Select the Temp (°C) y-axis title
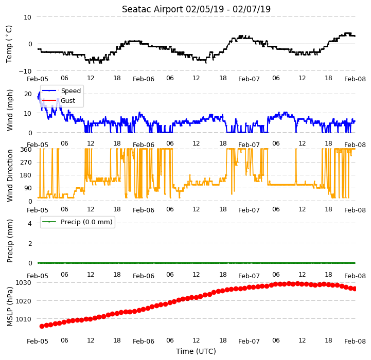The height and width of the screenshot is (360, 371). pos(9,44)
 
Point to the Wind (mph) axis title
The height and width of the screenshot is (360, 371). pos(10,110)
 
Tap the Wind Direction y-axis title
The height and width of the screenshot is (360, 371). pos(10,175)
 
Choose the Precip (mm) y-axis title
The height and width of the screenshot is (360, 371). pos(10,241)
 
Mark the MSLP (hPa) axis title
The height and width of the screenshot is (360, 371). pos(10,307)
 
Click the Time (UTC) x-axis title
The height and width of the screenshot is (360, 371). pos(196,351)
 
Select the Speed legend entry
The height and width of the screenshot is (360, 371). pos(70,91)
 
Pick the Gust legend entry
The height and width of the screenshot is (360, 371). pos(68,100)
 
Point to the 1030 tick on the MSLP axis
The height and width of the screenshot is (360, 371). pos(23,283)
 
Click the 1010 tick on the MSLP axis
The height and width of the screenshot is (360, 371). pos(23,319)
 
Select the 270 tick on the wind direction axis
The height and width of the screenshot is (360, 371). pos(26,163)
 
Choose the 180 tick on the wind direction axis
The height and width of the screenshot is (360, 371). pos(26,175)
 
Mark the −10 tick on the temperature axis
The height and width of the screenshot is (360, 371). pos(25,71)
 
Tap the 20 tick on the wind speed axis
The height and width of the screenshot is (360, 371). pos(28,94)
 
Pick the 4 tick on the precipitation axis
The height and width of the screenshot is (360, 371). pos(30,223)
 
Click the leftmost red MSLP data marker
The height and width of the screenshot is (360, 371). pos(42,327)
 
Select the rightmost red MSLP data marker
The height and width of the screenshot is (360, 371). pos(355,289)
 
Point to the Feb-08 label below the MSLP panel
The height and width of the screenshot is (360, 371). pos(355,341)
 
